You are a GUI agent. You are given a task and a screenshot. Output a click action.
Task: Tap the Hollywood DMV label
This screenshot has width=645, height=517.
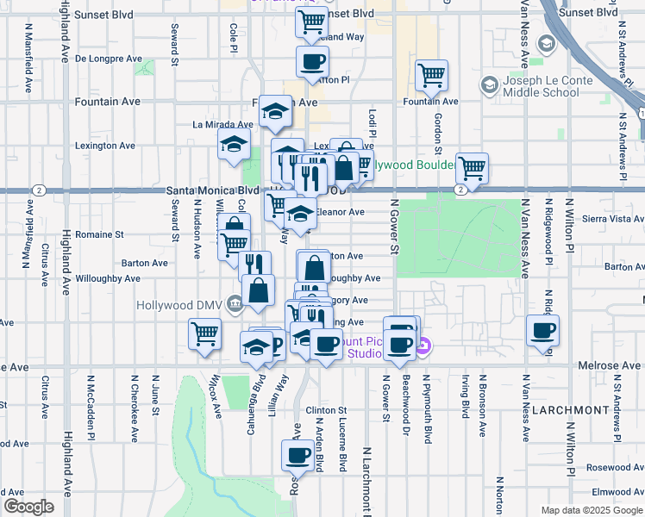pos(178,304)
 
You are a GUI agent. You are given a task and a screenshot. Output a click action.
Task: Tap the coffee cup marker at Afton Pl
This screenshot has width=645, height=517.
pos(311,61)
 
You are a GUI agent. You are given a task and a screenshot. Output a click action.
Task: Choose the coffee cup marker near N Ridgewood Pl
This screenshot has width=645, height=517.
pos(542,330)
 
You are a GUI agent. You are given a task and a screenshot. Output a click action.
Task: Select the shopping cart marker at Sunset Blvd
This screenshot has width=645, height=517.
pos(311,22)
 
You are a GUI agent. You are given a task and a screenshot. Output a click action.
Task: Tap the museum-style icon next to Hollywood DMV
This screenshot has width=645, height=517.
pos(234,304)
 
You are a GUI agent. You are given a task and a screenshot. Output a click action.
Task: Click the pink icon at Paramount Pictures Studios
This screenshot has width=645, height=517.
pos(423,347)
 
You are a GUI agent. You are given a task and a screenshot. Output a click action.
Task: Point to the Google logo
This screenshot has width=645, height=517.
pos(28,507)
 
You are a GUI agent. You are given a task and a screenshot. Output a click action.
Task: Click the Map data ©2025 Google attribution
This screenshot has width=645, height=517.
pos(592,510)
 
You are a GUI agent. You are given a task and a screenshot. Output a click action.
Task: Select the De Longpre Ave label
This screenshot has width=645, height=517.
pos(109,59)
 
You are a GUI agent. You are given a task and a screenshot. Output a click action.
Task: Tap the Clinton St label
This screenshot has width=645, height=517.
pos(325,410)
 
